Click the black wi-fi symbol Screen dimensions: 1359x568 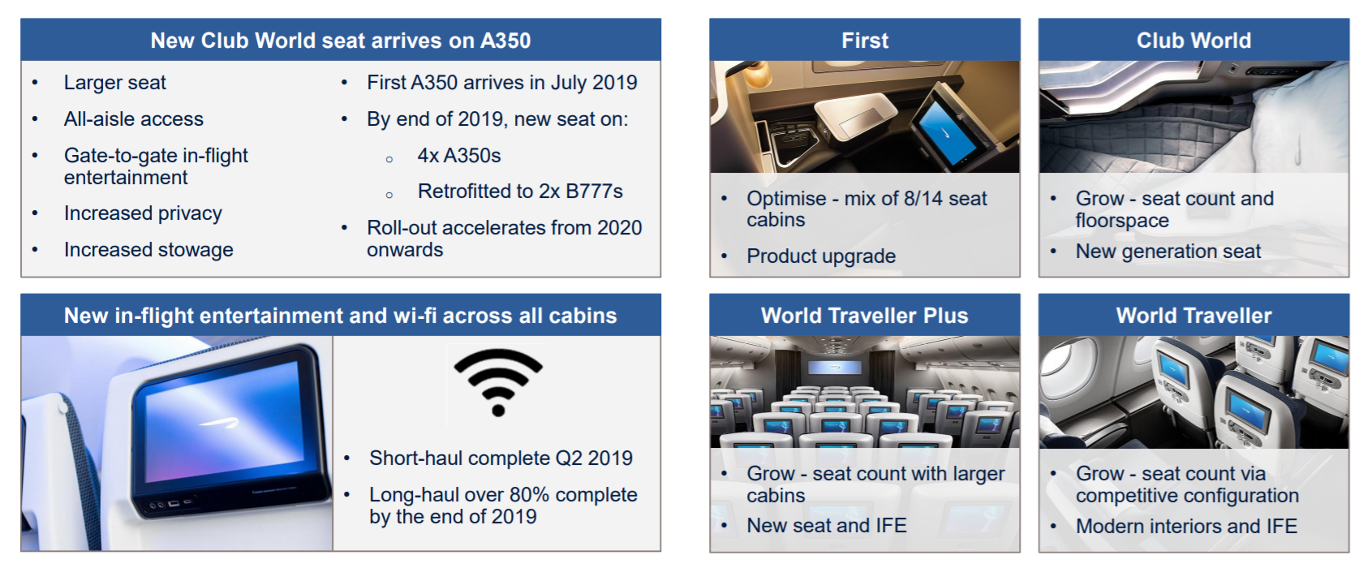click(x=498, y=382)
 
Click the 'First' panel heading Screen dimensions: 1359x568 click(x=865, y=41)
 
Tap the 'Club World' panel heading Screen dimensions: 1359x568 click(x=1193, y=41)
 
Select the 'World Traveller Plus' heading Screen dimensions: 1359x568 click(x=865, y=316)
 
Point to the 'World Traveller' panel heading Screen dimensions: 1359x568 click(x=1193, y=316)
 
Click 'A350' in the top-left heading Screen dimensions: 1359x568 click(x=505, y=41)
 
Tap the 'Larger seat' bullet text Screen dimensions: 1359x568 click(x=114, y=83)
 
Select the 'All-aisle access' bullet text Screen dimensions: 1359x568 click(x=134, y=119)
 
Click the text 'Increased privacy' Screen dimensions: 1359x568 click(x=143, y=213)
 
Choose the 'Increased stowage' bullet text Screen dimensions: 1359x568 click(x=148, y=250)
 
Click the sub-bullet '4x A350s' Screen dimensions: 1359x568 click(x=458, y=156)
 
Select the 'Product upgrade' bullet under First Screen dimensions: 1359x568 click(x=821, y=256)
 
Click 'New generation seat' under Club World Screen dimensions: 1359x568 click(x=1168, y=252)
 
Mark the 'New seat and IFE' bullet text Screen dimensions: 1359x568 click(x=826, y=526)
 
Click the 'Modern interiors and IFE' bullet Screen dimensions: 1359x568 click(x=1186, y=526)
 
